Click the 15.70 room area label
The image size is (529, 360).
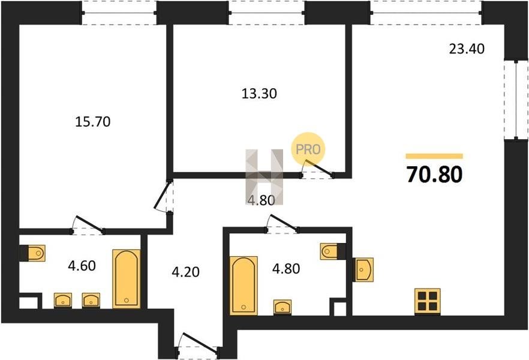tap(93, 121)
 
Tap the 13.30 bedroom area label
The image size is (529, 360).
tap(259, 94)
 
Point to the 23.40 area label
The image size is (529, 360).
tap(467, 49)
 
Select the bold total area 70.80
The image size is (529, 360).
tap(434, 175)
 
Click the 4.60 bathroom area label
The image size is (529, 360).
tap(82, 266)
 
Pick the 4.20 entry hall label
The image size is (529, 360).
tap(185, 272)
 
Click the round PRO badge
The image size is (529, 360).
tap(308, 149)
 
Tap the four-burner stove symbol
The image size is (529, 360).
tap(428, 301)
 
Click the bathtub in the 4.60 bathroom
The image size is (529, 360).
tap(126, 278)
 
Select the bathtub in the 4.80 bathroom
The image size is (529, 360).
tap(244, 286)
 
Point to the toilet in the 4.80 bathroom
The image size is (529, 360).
tap(329, 251)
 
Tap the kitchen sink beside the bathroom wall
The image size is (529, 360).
tap(364, 269)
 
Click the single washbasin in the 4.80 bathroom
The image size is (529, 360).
tap(282, 307)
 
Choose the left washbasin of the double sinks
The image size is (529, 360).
tap(63, 300)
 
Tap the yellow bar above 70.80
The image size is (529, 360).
tap(434, 156)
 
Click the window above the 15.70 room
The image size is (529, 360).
tap(119, 13)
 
